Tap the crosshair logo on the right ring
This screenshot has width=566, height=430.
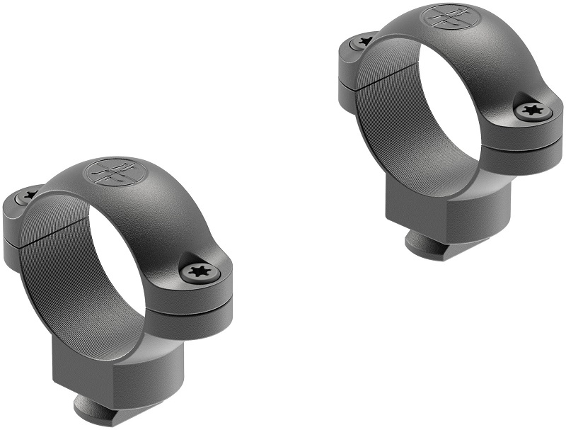pyautogui.click(x=448, y=17)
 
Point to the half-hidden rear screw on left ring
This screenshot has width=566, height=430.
pyautogui.click(x=30, y=195)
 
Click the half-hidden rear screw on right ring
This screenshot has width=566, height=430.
pyautogui.click(x=365, y=41)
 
